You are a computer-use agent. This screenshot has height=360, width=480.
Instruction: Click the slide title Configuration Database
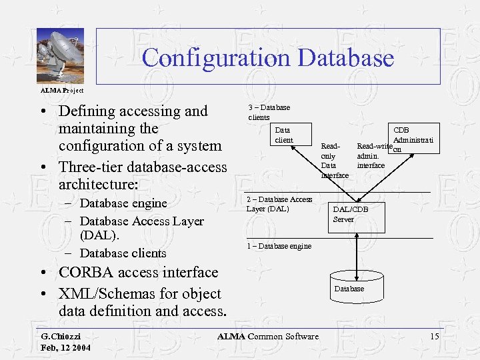(x=267, y=57)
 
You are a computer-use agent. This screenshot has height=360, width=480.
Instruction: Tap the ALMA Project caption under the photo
(x=62, y=90)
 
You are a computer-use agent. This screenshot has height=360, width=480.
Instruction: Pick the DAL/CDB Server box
(x=351, y=214)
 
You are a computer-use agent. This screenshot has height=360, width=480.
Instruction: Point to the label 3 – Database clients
(x=269, y=112)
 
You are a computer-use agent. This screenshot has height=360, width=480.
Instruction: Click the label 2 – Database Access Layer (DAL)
(x=279, y=204)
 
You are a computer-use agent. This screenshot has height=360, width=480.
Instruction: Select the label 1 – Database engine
(x=279, y=246)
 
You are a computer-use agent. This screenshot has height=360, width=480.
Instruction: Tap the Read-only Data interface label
(x=334, y=160)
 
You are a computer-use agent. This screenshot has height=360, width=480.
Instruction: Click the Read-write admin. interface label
(x=373, y=155)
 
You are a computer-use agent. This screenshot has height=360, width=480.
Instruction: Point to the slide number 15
(x=434, y=337)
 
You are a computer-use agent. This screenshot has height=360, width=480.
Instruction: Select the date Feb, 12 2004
(x=65, y=348)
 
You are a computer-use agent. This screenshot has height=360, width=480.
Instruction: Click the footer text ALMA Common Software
(x=267, y=337)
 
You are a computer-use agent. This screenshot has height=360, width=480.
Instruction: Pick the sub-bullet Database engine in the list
(x=123, y=203)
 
